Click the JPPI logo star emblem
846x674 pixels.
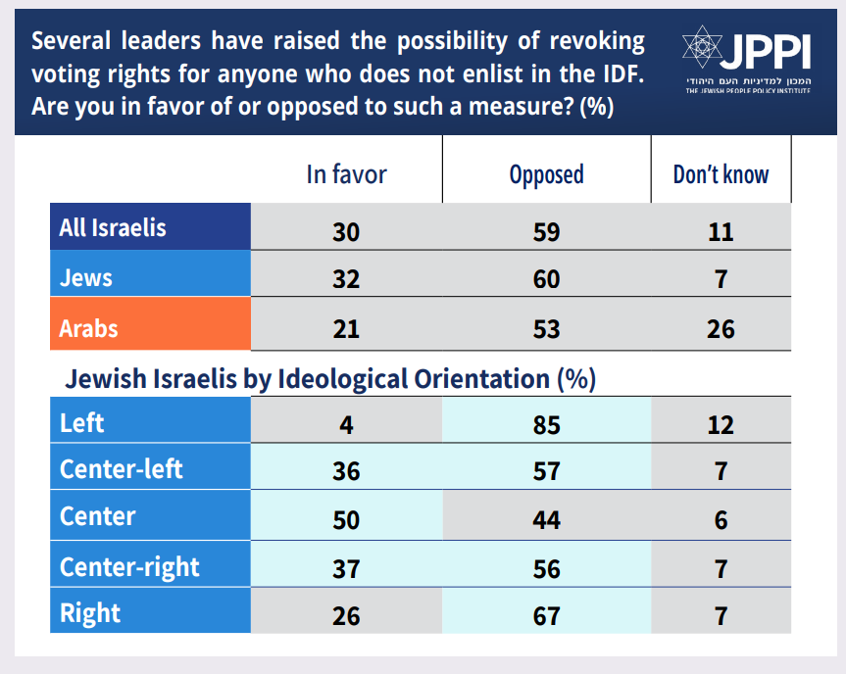pyautogui.click(x=703, y=46)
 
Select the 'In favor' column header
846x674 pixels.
pyautogui.click(x=346, y=174)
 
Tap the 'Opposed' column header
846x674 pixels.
pyautogui.click(x=546, y=174)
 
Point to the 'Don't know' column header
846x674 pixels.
pyautogui.click(x=721, y=174)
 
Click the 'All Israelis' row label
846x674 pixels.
pyautogui.click(x=113, y=228)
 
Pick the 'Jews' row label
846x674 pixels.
pyautogui.click(x=86, y=278)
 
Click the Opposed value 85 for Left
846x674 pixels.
pyautogui.click(x=546, y=424)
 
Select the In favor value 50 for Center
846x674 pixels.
pyautogui.click(x=346, y=519)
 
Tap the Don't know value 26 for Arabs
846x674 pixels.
pyautogui.click(x=721, y=328)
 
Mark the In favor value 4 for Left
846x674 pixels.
pyautogui.click(x=346, y=424)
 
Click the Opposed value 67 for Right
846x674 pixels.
pyautogui.click(x=546, y=615)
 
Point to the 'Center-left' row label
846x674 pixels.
pyautogui.click(x=122, y=469)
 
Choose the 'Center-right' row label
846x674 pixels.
pyautogui.click(x=129, y=566)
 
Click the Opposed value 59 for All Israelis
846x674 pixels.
pyautogui.click(x=546, y=232)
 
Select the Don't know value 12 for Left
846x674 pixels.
pyautogui.click(x=721, y=424)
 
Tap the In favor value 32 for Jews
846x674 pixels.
pyautogui.click(x=346, y=279)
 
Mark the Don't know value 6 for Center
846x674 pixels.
pyautogui.click(x=721, y=519)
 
